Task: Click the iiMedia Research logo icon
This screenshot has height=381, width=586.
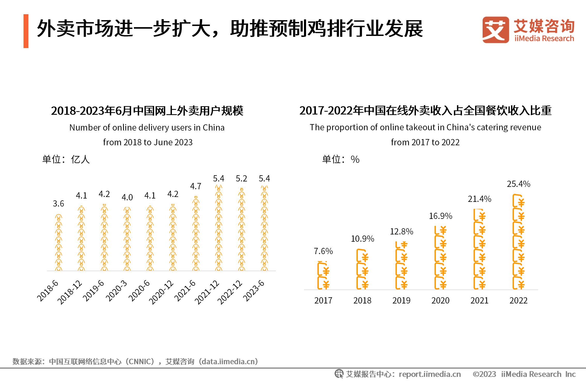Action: click(x=495, y=30)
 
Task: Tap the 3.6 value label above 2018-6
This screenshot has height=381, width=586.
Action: click(x=58, y=204)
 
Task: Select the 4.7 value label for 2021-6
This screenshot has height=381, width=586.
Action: click(x=196, y=186)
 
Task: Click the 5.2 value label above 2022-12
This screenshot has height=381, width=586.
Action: click(x=241, y=178)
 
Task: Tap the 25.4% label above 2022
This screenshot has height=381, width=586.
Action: click(x=519, y=184)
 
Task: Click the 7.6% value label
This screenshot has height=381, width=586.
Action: click(x=323, y=251)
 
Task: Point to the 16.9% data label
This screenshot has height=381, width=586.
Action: click(x=440, y=216)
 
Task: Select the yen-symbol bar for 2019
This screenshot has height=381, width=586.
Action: click(x=401, y=266)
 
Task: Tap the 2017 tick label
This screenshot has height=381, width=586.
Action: click(x=323, y=300)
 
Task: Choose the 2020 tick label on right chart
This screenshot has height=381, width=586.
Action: click(x=440, y=300)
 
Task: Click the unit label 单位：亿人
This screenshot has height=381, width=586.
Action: click(x=66, y=159)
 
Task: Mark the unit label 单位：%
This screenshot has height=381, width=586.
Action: click(x=341, y=159)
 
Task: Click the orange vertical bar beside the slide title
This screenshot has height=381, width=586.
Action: click(x=26, y=31)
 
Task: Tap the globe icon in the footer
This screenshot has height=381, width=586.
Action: click(x=339, y=374)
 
